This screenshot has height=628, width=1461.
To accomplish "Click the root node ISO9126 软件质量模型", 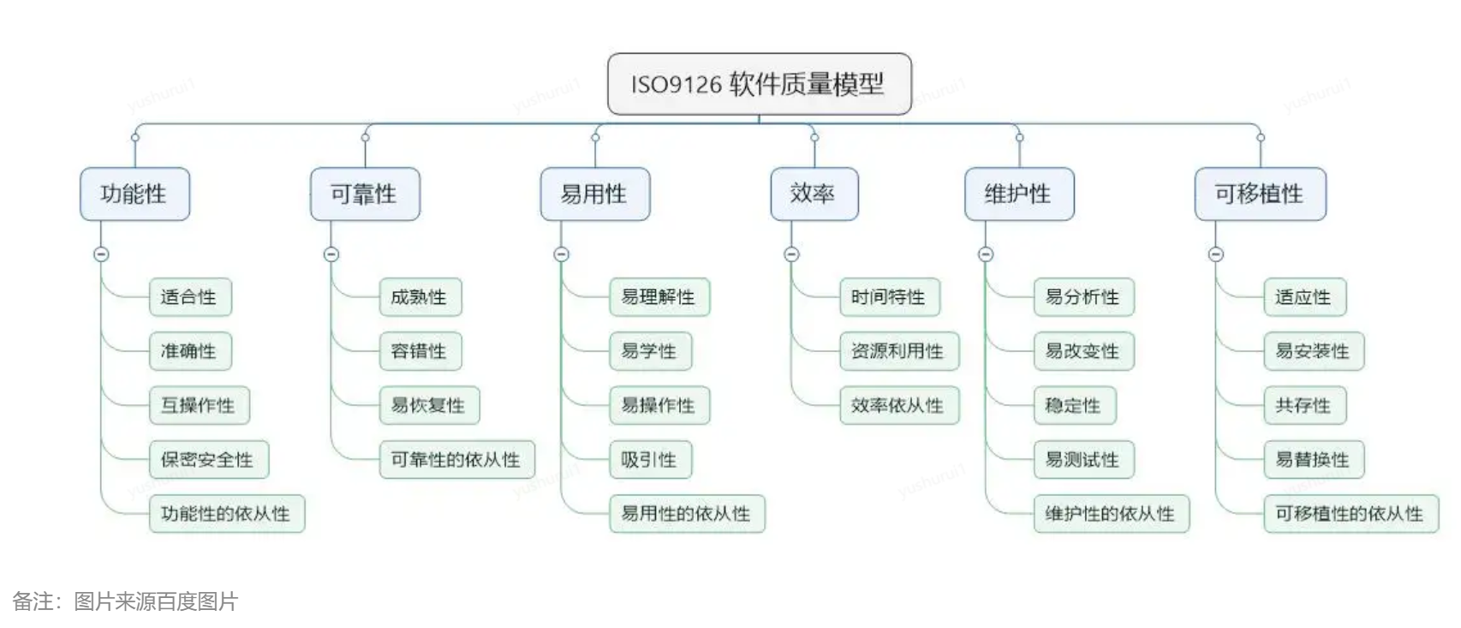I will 759,84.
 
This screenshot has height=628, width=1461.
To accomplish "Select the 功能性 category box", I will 134,194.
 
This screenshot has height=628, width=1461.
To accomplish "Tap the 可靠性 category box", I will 365,194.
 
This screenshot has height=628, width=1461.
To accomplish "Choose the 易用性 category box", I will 594,194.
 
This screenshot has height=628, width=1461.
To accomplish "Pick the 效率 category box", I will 814,194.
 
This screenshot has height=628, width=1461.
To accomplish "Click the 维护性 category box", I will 1018,194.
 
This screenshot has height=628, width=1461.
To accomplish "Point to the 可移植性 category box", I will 1260,194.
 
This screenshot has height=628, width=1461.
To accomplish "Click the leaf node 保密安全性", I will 208,459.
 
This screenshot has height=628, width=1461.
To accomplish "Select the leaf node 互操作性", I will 199,405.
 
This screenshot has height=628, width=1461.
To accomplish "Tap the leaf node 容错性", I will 420,350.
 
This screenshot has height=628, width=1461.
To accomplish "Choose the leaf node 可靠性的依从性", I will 456,459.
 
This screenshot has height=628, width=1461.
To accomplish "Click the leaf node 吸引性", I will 649,459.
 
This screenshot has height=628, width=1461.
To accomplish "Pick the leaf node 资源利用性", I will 898,350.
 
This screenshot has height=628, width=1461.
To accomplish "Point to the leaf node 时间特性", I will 889,296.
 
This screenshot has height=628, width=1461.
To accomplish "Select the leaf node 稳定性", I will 1074,405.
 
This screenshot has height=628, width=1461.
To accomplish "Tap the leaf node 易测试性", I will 1083,459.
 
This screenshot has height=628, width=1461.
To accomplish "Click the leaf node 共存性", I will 1304,405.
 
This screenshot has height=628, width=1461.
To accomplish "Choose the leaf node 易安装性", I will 1313,350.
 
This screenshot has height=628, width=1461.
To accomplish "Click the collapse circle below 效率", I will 791,254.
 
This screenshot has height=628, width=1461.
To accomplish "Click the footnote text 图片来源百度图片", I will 156,601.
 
